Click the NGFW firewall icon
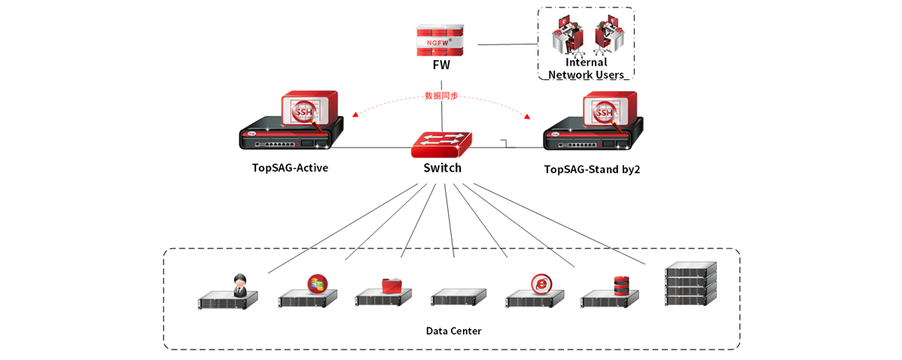tap(440, 40)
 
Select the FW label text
tap(441, 66)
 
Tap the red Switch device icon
tap(441, 144)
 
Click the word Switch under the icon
tap(442, 168)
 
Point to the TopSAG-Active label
tap(290, 168)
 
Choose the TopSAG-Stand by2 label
tap(592, 169)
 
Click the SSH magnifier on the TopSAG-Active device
tap(304, 114)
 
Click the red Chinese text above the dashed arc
tap(441, 96)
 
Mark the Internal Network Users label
tap(586, 69)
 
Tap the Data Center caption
tap(453, 331)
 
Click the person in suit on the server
tap(240, 285)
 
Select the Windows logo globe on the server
tap(318, 284)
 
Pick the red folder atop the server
tap(392, 285)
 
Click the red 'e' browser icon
tap(541, 284)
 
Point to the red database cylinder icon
tap(621, 286)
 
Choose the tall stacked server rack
tap(690, 283)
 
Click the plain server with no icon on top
tap(459, 297)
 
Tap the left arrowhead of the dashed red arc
tap(355, 115)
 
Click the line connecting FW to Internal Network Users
tap(507, 44)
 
